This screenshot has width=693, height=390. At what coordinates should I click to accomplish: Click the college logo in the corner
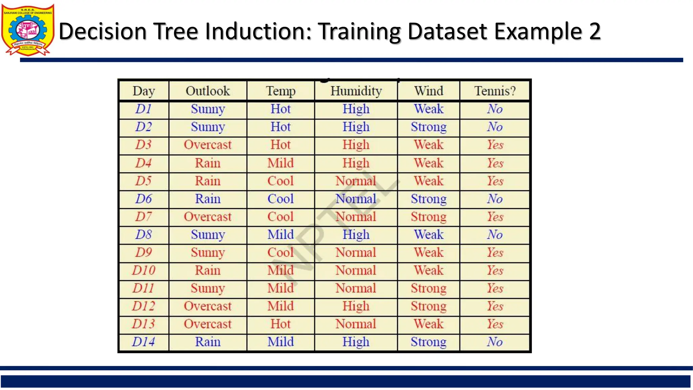pyautogui.click(x=28, y=30)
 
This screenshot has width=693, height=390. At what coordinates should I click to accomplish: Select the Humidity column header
pyautogui.click(x=356, y=91)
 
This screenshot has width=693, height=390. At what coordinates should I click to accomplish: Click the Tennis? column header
pyautogui.click(x=495, y=91)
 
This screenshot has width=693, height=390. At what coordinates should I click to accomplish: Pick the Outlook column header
pyautogui.click(x=208, y=91)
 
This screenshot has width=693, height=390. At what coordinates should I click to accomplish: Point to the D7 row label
pyautogui.click(x=143, y=217)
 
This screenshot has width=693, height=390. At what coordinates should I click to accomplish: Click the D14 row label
pyautogui.click(x=143, y=342)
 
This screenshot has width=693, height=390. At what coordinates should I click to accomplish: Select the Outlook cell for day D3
pyautogui.click(x=208, y=145)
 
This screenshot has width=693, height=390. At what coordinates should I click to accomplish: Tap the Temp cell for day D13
pyautogui.click(x=281, y=324)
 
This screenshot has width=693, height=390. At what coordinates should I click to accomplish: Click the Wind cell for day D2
pyautogui.click(x=428, y=127)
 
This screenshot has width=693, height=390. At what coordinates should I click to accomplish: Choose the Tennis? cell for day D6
pyautogui.click(x=495, y=199)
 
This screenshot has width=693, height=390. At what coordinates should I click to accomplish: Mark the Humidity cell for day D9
pyautogui.click(x=356, y=253)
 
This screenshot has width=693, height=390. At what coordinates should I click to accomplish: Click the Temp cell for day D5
pyautogui.click(x=281, y=181)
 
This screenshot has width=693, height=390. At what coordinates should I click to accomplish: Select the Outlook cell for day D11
pyautogui.click(x=208, y=288)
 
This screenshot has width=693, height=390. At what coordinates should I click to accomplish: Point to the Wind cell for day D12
pyautogui.click(x=428, y=306)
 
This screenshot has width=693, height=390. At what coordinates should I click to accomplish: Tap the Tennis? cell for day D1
pyautogui.click(x=495, y=109)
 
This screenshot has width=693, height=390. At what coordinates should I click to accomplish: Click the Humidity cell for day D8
pyautogui.click(x=356, y=235)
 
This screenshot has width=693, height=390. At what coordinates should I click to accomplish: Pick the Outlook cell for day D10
pyautogui.click(x=208, y=270)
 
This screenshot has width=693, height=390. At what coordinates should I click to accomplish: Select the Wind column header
pyautogui.click(x=428, y=91)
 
